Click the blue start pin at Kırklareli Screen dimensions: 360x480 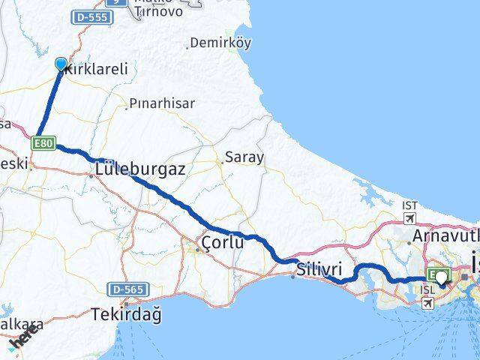(x=61, y=64)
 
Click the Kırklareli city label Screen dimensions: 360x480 (x=97, y=69)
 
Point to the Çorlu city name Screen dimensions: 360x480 (x=223, y=242)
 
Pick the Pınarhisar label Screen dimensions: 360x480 (x=162, y=103)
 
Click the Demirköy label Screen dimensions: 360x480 (x=220, y=43)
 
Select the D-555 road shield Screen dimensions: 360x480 (x=91, y=16)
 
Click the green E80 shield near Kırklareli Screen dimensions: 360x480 (x=42, y=141)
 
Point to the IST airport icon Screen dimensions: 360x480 (x=410, y=217)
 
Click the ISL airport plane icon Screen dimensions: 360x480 (x=428, y=303)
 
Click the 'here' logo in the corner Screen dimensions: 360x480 (x=23, y=339)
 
